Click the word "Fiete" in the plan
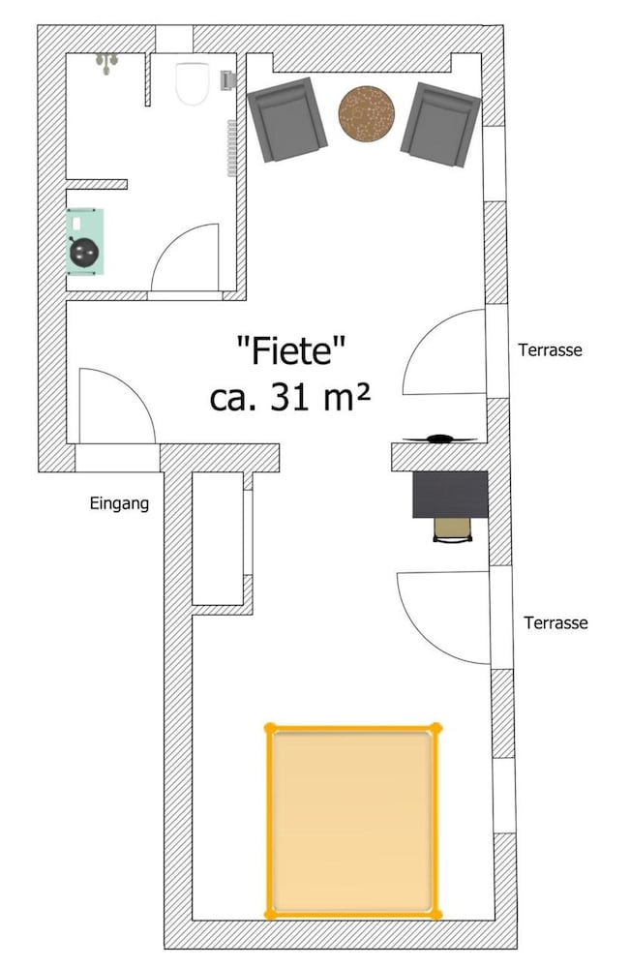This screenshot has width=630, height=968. [290, 350]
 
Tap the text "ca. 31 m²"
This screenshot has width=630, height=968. [290, 397]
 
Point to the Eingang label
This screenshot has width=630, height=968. [119, 503]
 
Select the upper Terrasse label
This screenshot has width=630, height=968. [550, 350]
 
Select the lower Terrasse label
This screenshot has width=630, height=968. [555, 622]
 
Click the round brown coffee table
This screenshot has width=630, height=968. [367, 113]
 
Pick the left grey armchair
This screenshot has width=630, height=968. [286, 120]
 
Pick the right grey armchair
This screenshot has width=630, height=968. [440, 125]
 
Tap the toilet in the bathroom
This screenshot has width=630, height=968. [192, 83]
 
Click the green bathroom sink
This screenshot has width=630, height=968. [84, 241]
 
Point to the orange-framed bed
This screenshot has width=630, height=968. [353, 821]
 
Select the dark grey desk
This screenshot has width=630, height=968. [450, 494]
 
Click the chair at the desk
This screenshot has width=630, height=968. [453, 530]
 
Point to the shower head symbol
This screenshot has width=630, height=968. [106, 63]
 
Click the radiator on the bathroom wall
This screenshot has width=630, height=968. [232, 148]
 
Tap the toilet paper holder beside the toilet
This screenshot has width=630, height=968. [228, 80]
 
